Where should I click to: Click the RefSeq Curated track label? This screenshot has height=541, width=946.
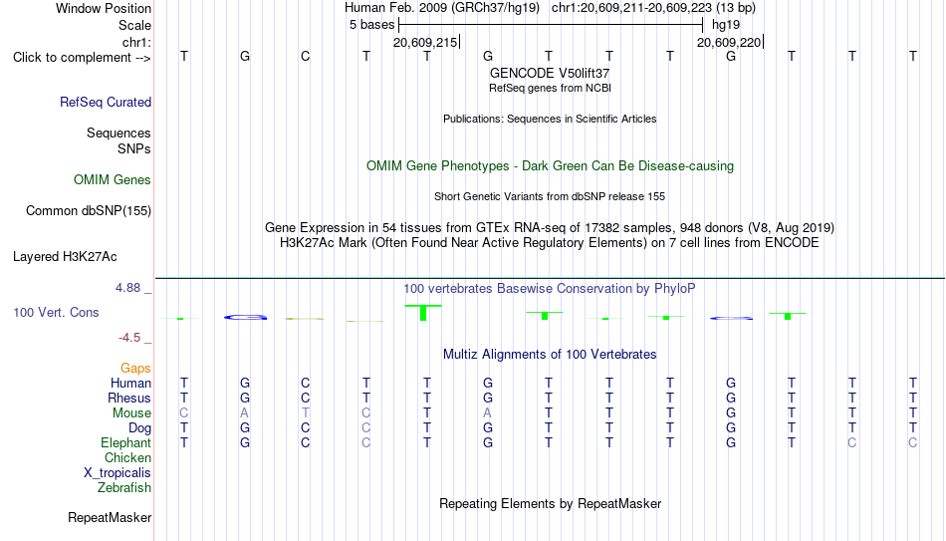point(106,102)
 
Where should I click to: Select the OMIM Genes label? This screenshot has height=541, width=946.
point(113,180)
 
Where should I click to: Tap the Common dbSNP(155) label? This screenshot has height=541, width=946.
point(89,211)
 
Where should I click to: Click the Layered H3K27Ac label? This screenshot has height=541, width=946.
point(65,257)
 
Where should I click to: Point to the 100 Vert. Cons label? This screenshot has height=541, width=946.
point(56,312)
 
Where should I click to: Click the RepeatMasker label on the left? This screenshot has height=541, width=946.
point(110,517)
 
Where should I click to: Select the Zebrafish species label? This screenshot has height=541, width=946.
point(124,487)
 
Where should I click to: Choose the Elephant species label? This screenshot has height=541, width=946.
point(126,442)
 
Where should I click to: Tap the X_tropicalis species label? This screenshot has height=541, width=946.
point(118,473)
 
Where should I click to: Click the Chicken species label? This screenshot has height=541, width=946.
point(127,457)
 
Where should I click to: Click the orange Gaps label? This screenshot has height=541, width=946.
point(135,369)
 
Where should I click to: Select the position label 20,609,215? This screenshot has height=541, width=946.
point(425,42)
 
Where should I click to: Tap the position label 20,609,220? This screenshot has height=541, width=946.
point(729,42)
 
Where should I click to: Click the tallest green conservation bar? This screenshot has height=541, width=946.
point(423,313)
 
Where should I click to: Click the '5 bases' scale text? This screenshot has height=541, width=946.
point(371,25)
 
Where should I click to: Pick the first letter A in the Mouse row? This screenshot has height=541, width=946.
point(244,413)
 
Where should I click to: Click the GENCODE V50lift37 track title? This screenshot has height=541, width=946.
point(550,73)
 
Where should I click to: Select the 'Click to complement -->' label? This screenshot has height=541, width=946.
point(82,58)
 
